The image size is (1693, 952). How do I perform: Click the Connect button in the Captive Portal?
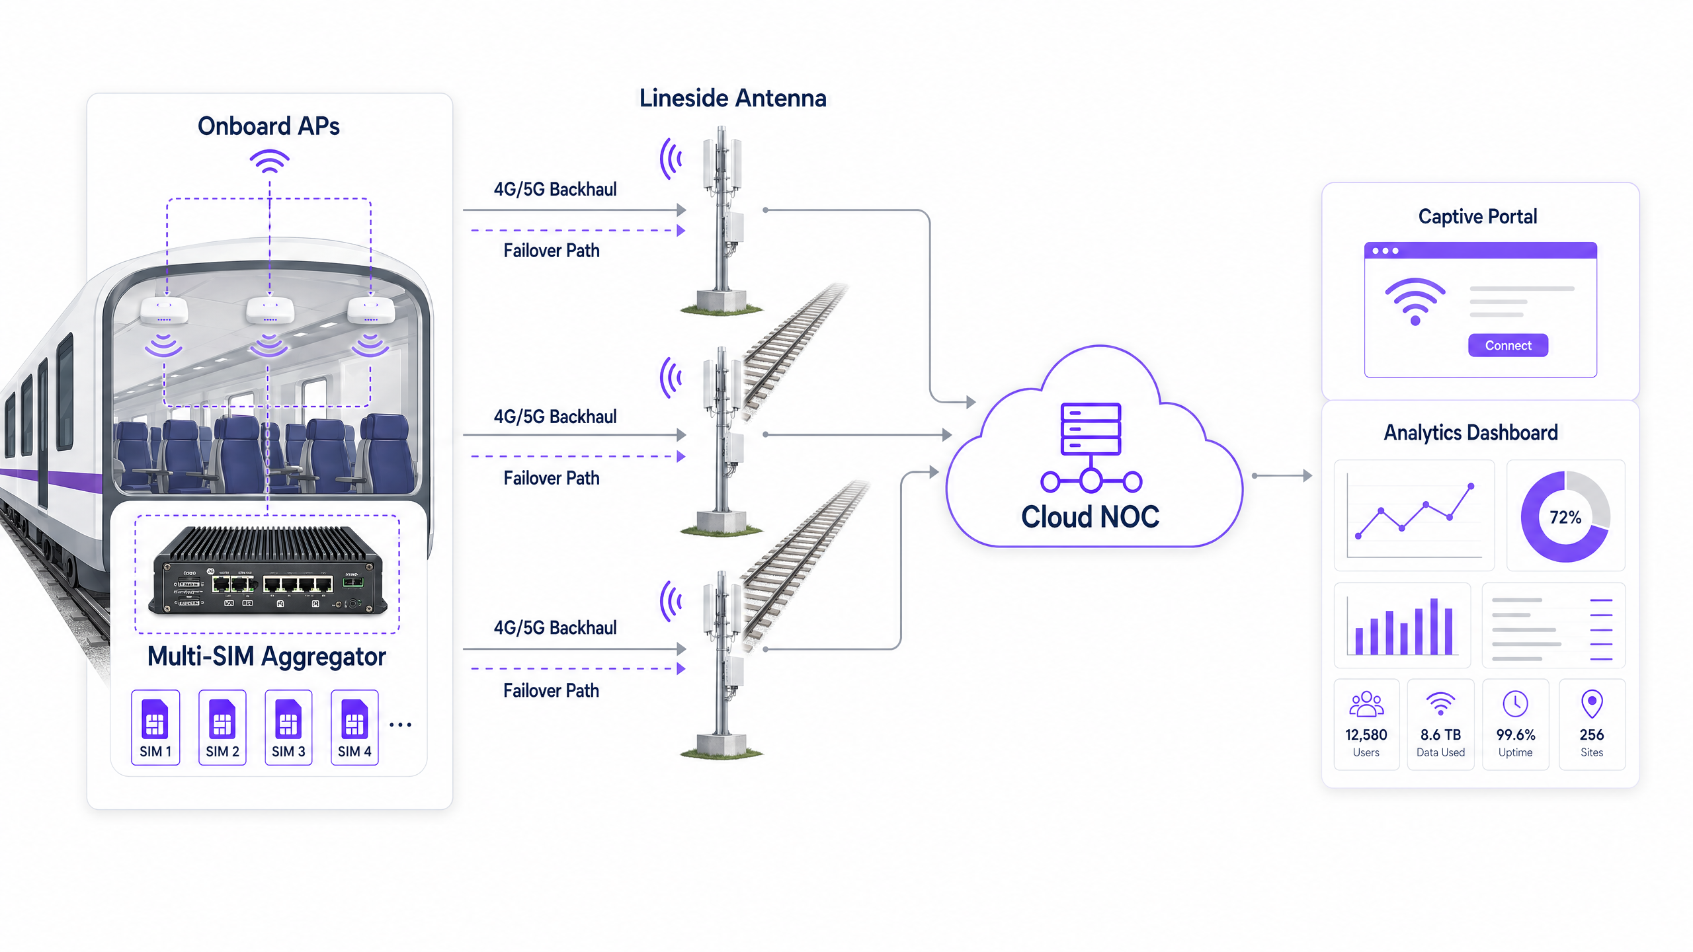coord(1508,345)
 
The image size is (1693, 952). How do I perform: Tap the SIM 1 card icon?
coord(155,719)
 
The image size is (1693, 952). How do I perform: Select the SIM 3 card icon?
coord(288,719)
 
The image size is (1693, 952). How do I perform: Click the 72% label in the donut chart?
coord(1565,517)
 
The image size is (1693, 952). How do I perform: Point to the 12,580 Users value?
coord(1366,734)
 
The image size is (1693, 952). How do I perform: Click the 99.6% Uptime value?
coord(1515,734)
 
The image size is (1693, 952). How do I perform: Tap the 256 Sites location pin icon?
coord(1591,703)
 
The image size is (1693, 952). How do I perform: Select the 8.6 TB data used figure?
coord(1440,734)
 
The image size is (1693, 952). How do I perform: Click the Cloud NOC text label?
coord(1090,516)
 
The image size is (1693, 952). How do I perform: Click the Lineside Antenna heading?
coord(733,98)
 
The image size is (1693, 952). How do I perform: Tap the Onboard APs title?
coord(268,126)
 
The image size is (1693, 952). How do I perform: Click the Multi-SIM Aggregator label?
coord(267,656)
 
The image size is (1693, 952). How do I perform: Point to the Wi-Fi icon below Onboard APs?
coord(269,161)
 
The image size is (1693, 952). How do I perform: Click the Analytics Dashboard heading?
coord(1471,432)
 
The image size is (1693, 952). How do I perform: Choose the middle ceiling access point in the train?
coord(270,309)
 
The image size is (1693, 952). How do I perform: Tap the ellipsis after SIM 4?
coord(400,725)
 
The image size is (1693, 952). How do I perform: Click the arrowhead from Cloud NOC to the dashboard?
coord(1307,475)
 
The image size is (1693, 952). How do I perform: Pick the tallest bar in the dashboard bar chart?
coord(1434,625)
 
